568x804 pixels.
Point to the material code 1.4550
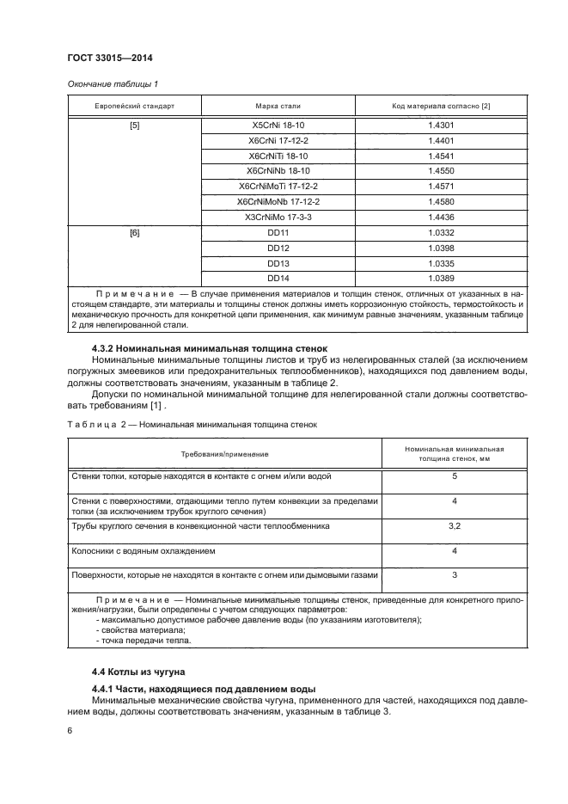[x=440, y=171]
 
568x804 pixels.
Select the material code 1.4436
[x=440, y=217]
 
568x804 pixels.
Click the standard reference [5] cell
[x=134, y=125]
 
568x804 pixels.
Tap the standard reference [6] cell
[x=134, y=233]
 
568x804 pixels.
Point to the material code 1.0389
[x=440, y=279]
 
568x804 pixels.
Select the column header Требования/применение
[x=224, y=453]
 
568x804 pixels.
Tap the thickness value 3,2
[x=454, y=525]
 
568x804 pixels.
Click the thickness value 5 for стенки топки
[x=454, y=476]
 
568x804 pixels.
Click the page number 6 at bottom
[x=69, y=730]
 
